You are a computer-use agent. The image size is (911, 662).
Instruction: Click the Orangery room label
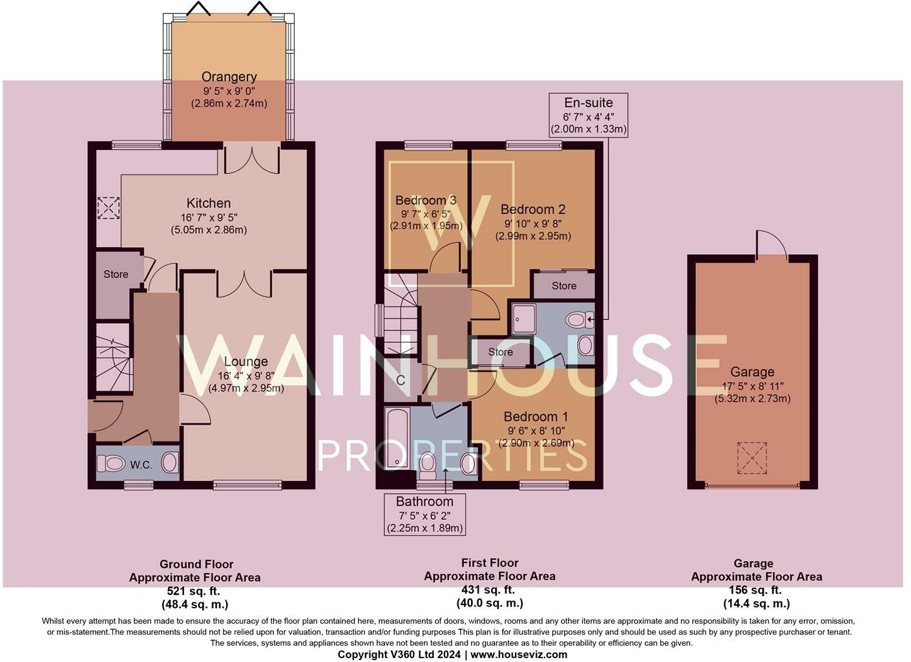tap(229, 77)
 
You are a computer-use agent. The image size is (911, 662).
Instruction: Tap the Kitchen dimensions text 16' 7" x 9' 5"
tap(209, 217)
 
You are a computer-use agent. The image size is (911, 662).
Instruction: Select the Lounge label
tap(246, 361)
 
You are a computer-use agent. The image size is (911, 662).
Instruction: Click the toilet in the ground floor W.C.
tap(111, 463)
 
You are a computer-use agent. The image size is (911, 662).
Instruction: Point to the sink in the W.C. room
tap(169, 463)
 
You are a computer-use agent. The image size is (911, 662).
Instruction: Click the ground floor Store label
tap(116, 274)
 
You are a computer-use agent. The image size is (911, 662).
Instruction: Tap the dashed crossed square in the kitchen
tap(108, 208)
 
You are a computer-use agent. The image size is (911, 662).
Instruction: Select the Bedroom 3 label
tap(426, 200)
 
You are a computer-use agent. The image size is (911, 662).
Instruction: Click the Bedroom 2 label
tap(533, 209)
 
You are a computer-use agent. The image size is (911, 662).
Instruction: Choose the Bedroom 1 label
tap(536, 416)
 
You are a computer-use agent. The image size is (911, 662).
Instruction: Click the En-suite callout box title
tap(589, 103)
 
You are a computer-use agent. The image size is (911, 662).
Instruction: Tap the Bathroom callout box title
tap(424, 502)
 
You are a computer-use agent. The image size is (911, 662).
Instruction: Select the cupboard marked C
tap(401, 380)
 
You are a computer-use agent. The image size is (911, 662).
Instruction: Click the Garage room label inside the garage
tap(752, 372)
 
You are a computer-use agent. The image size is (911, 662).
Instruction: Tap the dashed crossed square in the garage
tap(752, 458)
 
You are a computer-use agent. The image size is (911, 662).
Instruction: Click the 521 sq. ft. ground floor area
tap(194, 591)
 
